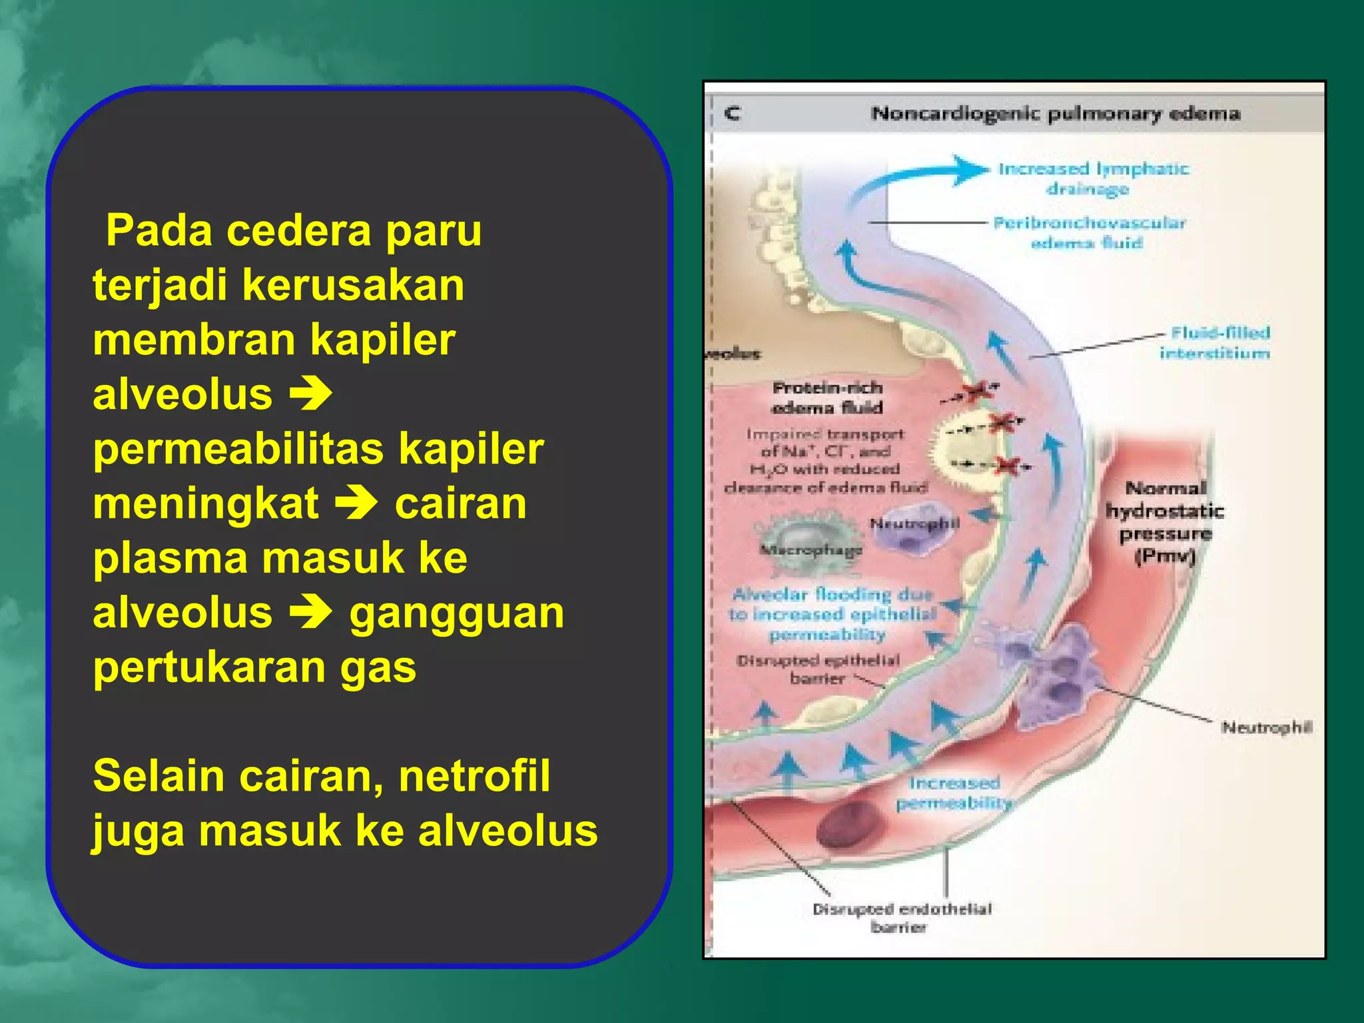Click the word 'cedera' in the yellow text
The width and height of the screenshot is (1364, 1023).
(x=298, y=230)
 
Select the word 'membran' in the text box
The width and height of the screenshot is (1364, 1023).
(x=194, y=340)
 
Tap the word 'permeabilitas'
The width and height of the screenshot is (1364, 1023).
(x=238, y=449)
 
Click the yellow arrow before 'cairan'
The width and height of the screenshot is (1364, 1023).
(x=356, y=504)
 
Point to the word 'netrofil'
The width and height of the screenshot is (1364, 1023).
(x=474, y=777)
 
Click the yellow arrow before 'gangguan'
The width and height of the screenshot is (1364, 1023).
(x=311, y=613)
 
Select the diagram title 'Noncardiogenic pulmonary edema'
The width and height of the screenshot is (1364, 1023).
(x=1056, y=113)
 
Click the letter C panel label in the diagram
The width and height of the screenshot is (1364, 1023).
(x=733, y=113)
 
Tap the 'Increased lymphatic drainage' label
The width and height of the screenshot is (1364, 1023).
(x=1093, y=178)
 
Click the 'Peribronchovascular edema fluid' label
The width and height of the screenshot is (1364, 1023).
(x=1089, y=232)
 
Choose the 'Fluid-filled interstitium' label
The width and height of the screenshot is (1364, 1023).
(x=1215, y=342)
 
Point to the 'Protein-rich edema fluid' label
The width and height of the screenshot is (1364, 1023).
(x=827, y=397)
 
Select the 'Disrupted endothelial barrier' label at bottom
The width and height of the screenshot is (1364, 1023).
(x=902, y=918)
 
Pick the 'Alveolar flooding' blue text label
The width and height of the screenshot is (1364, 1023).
(x=833, y=613)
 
